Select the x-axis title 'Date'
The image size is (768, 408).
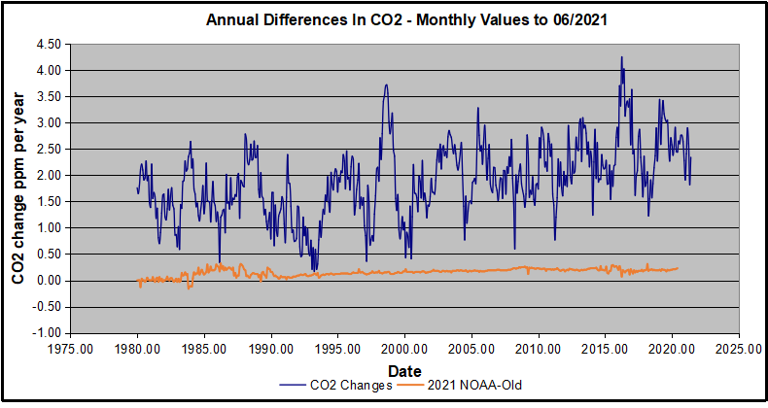(403, 371)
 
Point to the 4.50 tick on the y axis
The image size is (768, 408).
(48, 45)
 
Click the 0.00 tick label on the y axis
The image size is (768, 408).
(48, 281)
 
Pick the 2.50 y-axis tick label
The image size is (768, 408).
(48, 150)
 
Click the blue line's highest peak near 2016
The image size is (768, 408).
(621, 57)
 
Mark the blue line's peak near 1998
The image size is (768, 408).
(386, 85)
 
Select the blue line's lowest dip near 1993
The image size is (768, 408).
(313, 269)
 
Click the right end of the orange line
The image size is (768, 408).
(678, 268)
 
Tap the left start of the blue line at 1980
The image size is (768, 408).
(137, 187)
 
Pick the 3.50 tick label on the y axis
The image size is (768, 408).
(48, 97)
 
